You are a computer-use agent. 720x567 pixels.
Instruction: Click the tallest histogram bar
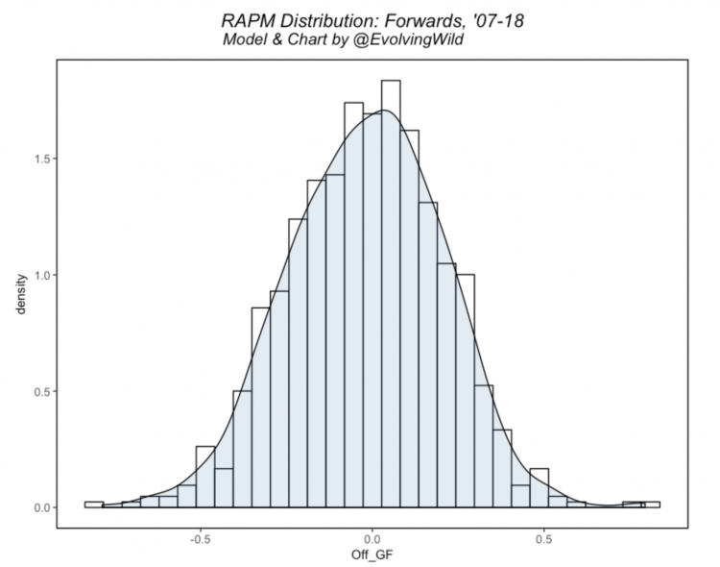pos(391,294)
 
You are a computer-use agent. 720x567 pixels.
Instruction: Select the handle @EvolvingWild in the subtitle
pos(408,39)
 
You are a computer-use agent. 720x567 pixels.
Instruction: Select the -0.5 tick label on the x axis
pos(201,539)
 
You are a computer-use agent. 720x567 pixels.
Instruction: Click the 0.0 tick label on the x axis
pos(372,539)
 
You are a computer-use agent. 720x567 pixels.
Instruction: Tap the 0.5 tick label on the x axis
pos(544,539)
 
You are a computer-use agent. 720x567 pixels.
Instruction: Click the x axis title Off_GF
pos(372,555)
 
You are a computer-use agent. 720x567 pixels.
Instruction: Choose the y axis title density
pos(21,294)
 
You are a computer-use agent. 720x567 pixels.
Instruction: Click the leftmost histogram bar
pos(94,505)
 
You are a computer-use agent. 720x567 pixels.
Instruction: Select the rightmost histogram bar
pos(651,505)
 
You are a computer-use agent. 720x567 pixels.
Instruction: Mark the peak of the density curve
pos(383,111)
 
